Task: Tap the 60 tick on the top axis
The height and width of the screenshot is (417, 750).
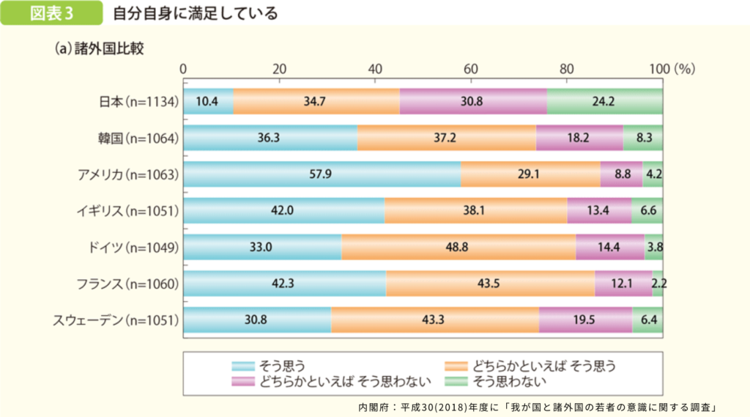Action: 470,68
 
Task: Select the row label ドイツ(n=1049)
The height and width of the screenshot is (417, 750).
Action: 128,247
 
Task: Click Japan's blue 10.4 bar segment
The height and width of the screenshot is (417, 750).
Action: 208,101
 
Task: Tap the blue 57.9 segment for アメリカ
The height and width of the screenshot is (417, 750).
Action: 322,174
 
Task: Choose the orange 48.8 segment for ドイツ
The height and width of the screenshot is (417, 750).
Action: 458,247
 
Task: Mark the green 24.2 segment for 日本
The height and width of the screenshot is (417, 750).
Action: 604,101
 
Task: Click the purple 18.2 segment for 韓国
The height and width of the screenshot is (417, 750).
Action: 579,138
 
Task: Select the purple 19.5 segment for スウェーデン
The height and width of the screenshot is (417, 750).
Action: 585,320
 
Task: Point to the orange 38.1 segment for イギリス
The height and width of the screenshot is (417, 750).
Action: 475,210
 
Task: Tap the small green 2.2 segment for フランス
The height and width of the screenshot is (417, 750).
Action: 658,284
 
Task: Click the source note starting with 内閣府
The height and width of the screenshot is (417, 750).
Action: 537,405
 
